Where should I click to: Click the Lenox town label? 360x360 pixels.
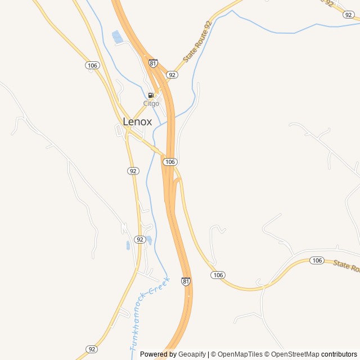tap(137, 121)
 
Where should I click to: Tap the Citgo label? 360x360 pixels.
tap(151, 103)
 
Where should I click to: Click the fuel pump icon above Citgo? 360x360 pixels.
tap(151, 96)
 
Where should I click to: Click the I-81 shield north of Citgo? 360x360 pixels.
tap(153, 64)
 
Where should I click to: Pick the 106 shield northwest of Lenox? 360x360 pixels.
tap(93, 66)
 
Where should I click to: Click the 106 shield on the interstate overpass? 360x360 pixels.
tap(170, 162)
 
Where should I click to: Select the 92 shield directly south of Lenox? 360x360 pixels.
tap(133, 171)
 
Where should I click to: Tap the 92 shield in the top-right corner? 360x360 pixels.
tap(348, 15)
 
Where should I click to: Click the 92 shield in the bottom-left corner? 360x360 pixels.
tap(92, 349)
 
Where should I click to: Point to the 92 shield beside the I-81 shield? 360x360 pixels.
tap(172, 75)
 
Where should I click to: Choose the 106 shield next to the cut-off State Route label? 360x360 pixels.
tap(317, 260)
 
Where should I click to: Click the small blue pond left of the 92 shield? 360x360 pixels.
tap(128, 245)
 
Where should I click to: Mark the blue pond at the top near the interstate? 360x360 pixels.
tap(117, 37)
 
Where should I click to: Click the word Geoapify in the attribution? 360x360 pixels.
tap(192, 354)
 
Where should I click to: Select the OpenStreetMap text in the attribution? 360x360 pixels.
tap(296, 354)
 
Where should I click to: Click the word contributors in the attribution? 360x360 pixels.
tap(339, 354)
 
